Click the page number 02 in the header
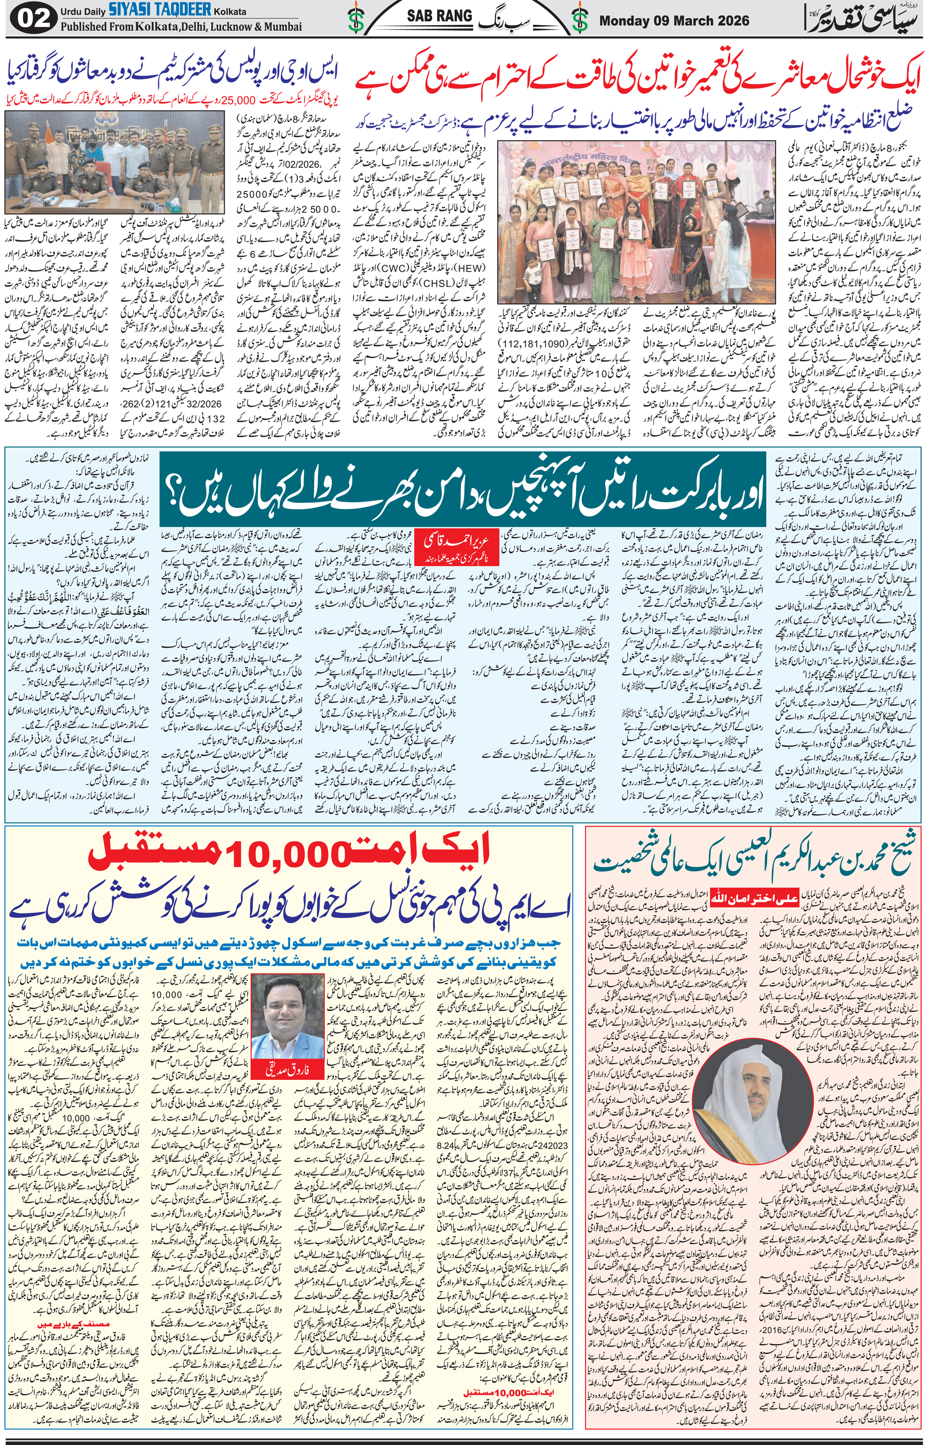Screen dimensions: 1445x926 pyautogui.click(x=29, y=20)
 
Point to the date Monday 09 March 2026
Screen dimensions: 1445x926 pyautogui.click(x=674, y=21)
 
